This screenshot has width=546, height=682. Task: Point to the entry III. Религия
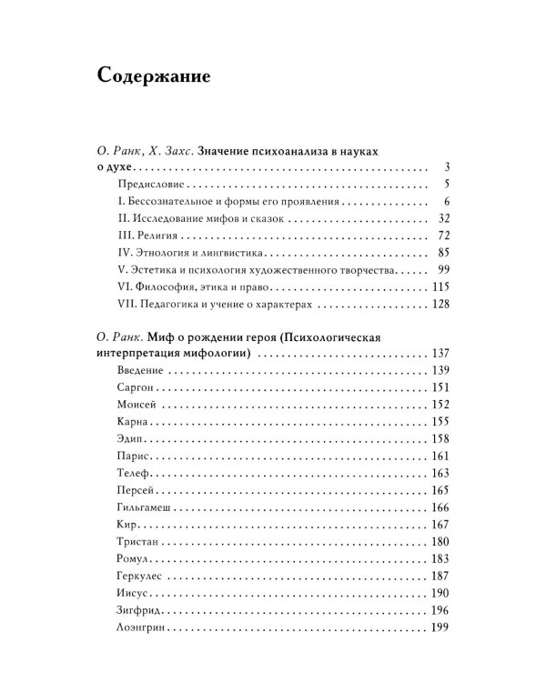[150, 236]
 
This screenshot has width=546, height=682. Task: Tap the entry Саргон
[135, 387]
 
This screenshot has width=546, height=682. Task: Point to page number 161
[441, 456]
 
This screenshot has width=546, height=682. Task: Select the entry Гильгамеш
[144, 507]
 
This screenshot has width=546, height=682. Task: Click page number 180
[441, 541]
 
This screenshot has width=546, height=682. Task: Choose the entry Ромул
[134, 558]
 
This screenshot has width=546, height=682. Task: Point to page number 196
[441, 610]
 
